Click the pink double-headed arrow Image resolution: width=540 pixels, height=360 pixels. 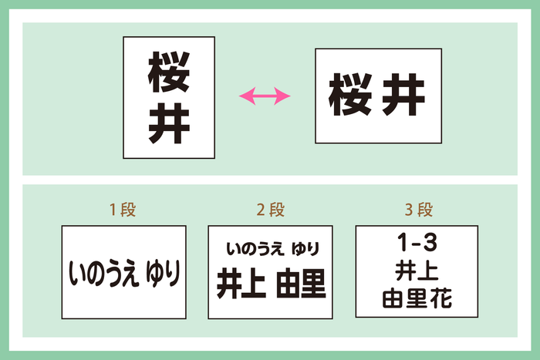[265, 96]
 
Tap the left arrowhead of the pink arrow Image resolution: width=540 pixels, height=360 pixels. [247, 96]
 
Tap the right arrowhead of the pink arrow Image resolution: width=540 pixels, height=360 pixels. [282, 96]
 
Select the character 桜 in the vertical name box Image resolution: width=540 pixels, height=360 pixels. [169, 72]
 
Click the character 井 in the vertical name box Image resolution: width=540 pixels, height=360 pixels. [169, 123]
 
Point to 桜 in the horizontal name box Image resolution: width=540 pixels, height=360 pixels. [350, 94]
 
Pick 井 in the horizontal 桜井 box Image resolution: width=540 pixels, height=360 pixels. [403, 94]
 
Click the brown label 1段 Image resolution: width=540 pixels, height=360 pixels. [123, 210]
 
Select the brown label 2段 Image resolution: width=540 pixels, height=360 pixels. [270, 210]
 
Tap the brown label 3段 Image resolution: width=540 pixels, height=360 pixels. [418, 210]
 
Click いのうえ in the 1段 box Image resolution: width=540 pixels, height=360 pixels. [104, 274]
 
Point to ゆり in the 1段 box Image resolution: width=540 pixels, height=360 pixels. [164, 274]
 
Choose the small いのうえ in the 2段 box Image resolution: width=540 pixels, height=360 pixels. [255, 249]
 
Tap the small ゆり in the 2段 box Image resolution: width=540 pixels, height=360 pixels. [305, 249]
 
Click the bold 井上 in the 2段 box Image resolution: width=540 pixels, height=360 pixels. [241, 284]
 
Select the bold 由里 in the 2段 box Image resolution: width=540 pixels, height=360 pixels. [301, 284]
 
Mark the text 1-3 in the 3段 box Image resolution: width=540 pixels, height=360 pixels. [417, 242]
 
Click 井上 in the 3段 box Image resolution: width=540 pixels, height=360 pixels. [417, 271]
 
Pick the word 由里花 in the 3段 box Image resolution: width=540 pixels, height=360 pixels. [417, 298]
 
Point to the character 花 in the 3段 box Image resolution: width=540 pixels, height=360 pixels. [441, 298]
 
